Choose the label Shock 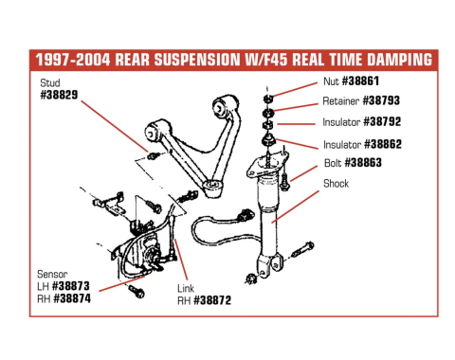click(336, 183)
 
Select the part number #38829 click(60, 96)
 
